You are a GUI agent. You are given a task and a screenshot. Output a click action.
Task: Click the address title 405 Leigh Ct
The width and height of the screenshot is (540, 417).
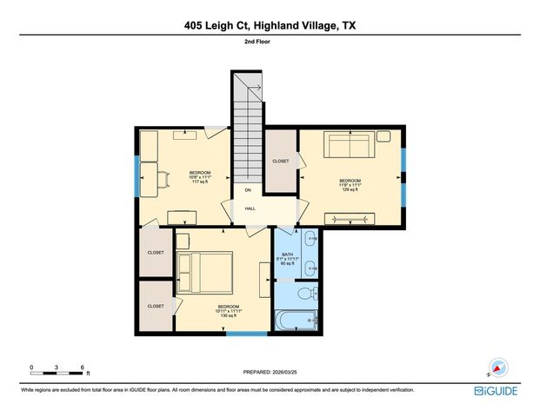pos(270,26)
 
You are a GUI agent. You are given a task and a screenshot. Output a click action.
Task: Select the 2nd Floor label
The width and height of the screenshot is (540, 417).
pos(270,41)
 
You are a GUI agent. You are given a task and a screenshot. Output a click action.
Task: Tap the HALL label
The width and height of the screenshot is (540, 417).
pos(250,208)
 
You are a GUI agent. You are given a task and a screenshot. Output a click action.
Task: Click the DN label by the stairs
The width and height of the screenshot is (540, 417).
pos(248,190)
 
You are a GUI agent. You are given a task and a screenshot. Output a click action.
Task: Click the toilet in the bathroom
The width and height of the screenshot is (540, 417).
pos(306,295)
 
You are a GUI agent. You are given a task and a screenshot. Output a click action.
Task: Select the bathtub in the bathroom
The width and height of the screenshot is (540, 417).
pos(297,321)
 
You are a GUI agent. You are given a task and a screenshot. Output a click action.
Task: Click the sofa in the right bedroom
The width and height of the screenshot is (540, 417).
pos(350,144)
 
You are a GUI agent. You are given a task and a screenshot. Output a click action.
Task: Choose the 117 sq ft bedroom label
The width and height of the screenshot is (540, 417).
pos(200,177)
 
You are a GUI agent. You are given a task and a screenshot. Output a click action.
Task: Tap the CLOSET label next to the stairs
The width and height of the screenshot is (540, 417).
pos(281,161)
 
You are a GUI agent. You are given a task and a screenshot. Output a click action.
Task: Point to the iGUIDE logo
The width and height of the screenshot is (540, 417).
pos(497,391)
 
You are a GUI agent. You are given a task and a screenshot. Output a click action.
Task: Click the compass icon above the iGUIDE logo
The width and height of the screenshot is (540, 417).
pos(498,367)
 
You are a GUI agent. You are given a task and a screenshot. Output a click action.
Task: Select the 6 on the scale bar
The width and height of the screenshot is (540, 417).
pos(82,367)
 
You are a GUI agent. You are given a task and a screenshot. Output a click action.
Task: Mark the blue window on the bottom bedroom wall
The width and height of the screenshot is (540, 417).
pos(247,333)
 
